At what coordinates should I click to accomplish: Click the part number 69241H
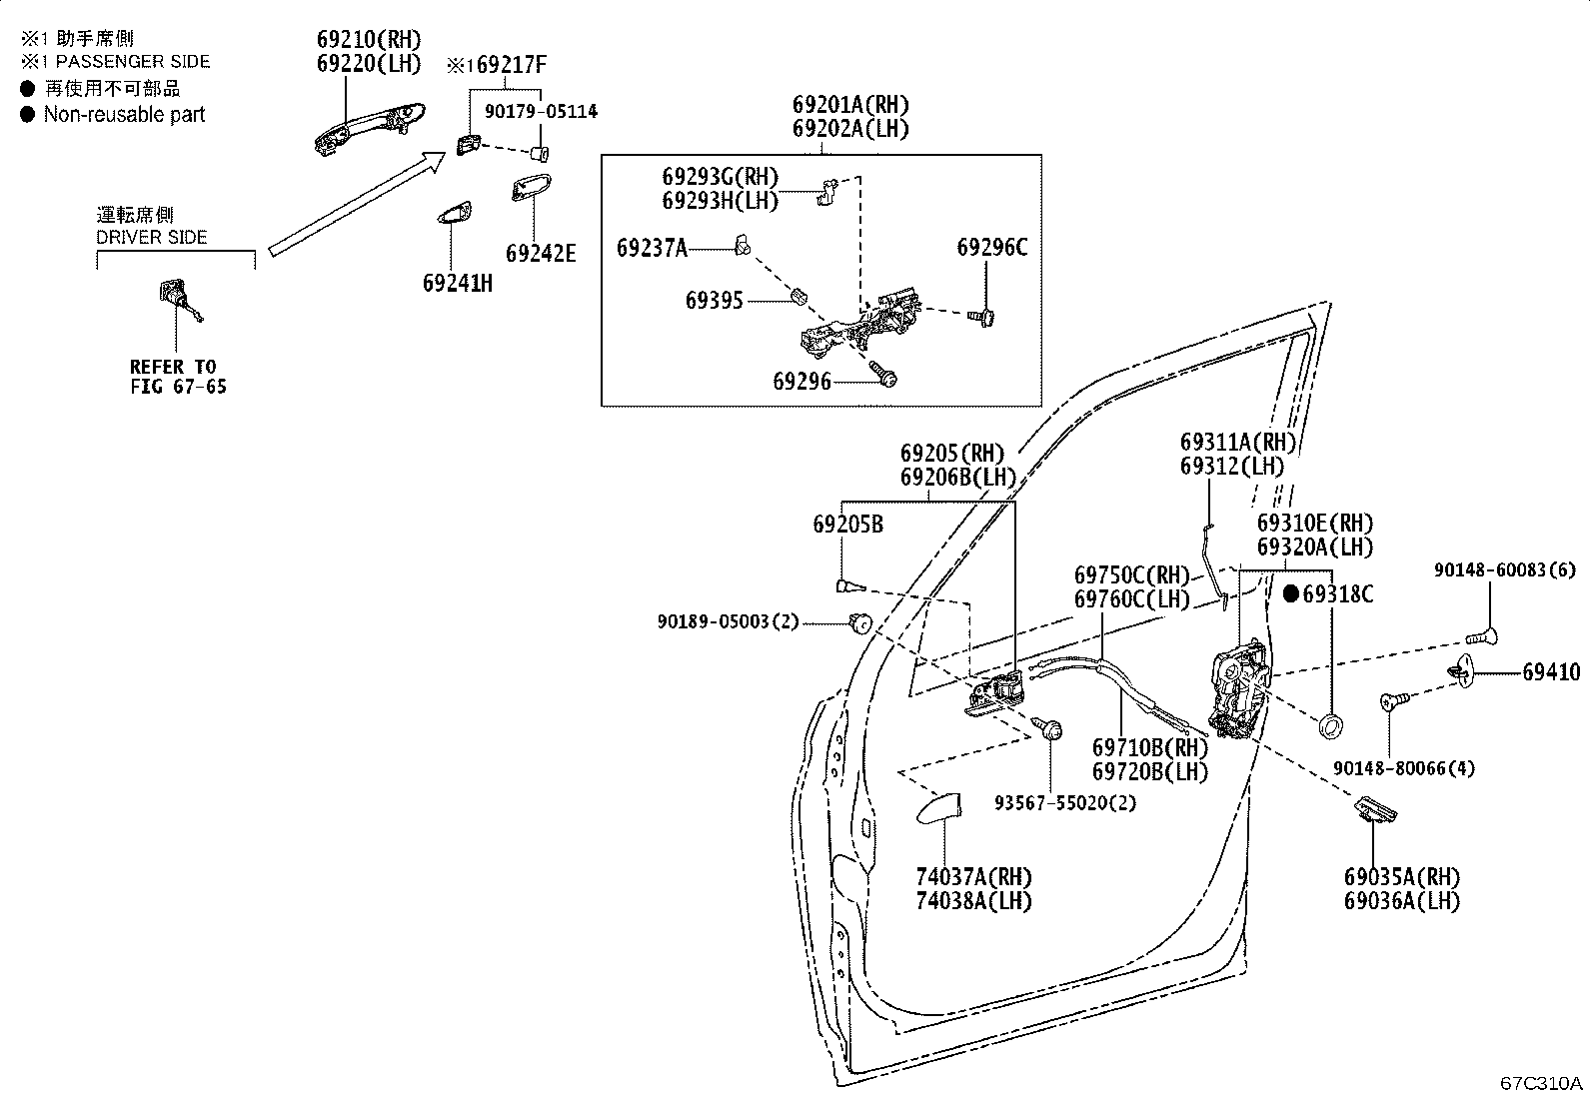coord(458,284)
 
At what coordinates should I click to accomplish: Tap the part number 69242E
coord(541,254)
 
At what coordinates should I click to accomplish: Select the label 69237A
coord(652,248)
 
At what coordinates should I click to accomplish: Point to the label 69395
coord(714,301)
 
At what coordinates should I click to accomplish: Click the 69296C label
coord(991,247)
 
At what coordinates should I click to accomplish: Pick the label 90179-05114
coord(541,112)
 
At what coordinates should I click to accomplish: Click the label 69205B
coord(848,525)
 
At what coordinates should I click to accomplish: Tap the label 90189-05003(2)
coord(728,622)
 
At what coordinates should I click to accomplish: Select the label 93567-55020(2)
coord(1064,803)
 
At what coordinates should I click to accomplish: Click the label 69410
coord(1551,671)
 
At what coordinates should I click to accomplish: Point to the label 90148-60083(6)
coord(1504,569)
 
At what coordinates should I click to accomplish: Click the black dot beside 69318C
coord(1291,593)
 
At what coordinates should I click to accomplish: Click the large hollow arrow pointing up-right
coord(357,203)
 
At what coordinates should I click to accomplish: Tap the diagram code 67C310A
coord(1541,1083)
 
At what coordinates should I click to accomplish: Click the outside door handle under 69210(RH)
coord(370,127)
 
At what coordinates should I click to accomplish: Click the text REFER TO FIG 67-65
coord(178,377)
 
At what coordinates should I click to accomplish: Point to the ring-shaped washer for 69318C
coord(1329,726)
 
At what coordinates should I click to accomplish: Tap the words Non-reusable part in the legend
coord(124,114)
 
